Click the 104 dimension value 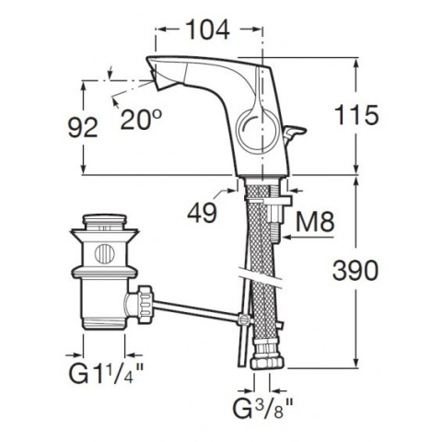pyautogui.click(x=208, y=29)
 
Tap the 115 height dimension pyautogui.click(x=356, y=115)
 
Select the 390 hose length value pyautogui.click(x=355, y=270)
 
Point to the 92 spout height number pyautogui.click(x=83, y=127)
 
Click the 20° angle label pyautogui.click(x=141, y=120)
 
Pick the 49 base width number pyautogui.click(x=202, y=214)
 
